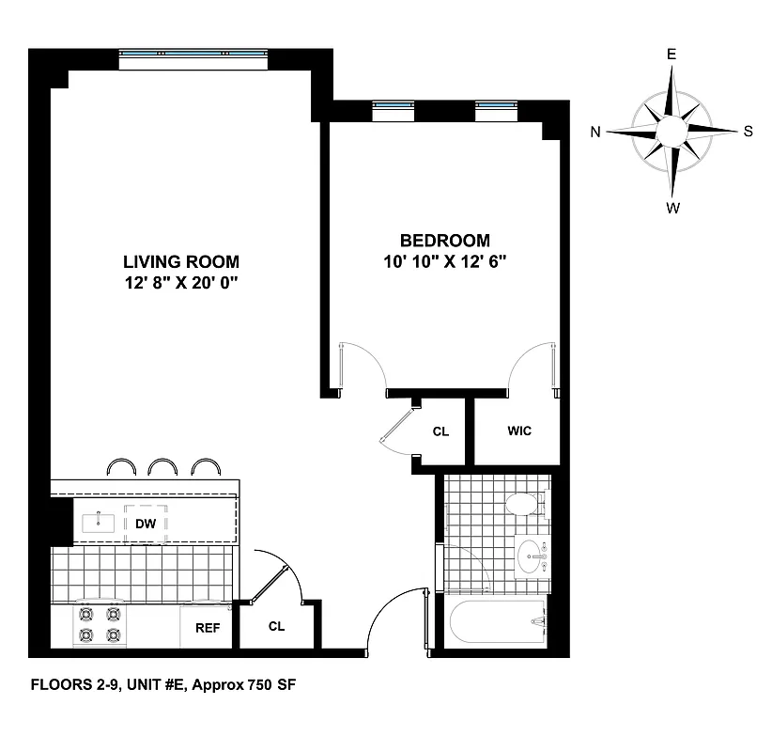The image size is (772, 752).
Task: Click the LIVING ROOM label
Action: point(181,261)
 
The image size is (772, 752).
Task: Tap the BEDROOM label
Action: point(444,240)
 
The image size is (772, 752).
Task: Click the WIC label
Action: point(519,431)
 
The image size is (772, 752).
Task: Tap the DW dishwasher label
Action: point(146,524)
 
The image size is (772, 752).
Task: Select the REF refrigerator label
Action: point(207,628)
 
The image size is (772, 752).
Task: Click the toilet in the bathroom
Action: point(525,506)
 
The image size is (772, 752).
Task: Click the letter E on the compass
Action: point(672,55)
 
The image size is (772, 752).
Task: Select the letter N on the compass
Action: point(595,133)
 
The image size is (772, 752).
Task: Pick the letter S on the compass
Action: point(748,132)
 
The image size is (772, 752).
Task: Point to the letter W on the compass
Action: point(672,209)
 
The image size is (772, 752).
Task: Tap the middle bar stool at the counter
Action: point(163,467)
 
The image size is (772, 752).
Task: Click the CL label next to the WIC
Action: point(440,432)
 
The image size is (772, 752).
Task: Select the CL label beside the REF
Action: point(276,626)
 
